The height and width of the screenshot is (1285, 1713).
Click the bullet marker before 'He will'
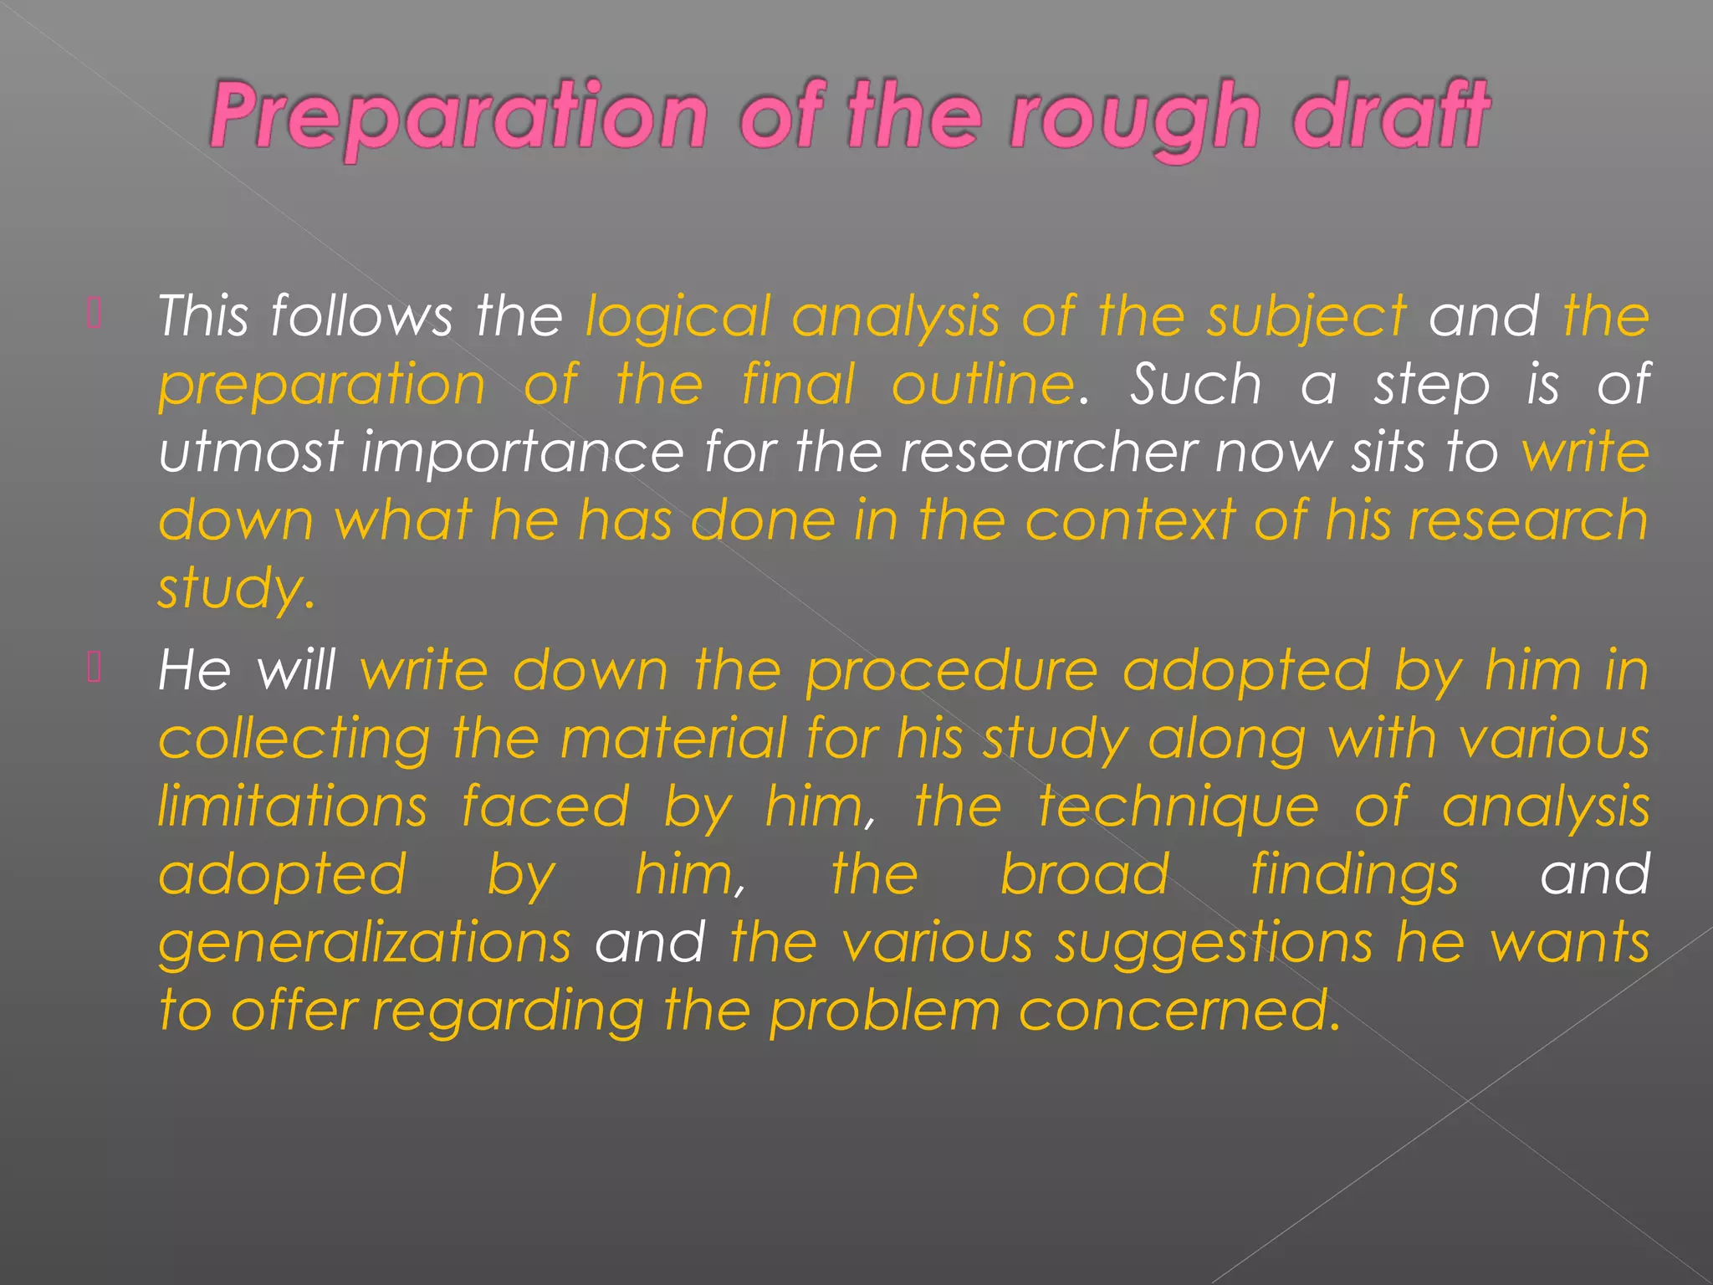[x=95, y=667]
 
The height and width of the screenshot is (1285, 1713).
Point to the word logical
[x=678, y=318]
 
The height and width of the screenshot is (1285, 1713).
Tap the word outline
[x=983, y=385]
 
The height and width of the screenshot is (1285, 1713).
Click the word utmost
[x=250, y=453]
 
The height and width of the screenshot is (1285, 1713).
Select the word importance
[x=523, y=453]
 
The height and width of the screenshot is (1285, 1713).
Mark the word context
[x=1130, y=520]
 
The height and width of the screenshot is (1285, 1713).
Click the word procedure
[x=951, y=672]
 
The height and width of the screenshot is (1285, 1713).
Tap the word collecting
[x=294, y=740]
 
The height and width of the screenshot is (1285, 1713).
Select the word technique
[x=1179, y=808]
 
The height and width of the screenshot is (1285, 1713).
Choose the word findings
[x=1354, y=876]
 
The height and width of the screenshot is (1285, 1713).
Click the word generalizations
[x=365, y=944]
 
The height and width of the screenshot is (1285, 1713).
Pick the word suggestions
[x=1214, y=944]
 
